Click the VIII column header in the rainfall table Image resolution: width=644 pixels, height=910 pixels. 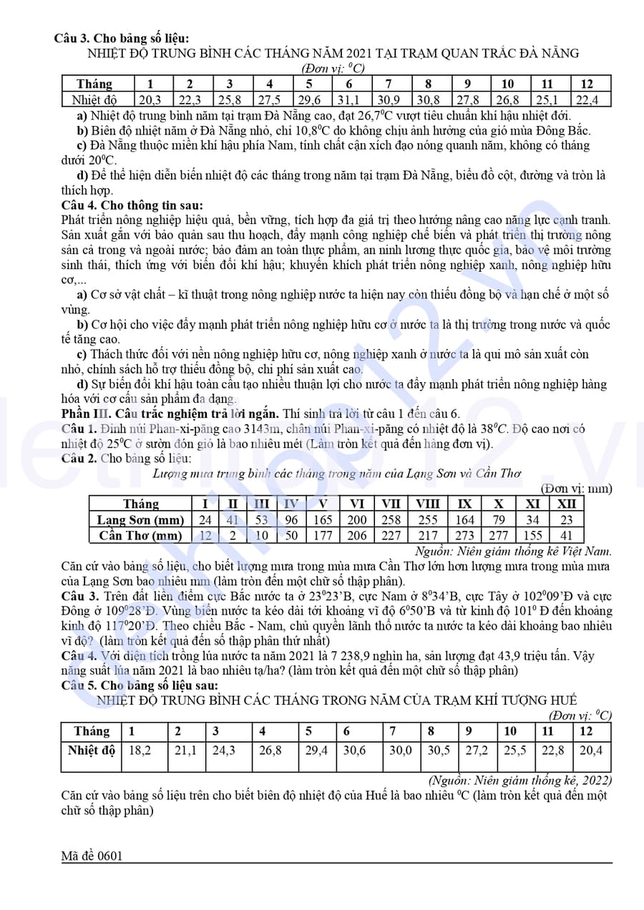point(427,504)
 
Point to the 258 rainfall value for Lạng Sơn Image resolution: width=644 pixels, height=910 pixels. point(391,520)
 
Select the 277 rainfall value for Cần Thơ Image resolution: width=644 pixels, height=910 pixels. point(499,535)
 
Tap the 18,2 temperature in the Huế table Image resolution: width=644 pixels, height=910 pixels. point(140,750)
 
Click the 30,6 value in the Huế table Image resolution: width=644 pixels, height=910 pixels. point(354,750)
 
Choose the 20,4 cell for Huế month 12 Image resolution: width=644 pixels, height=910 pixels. point(591,750)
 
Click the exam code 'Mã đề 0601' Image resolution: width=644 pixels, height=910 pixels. point(92,856)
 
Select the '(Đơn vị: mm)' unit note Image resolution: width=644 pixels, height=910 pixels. point(577,489)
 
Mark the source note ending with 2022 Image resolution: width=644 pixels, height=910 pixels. point(520,781)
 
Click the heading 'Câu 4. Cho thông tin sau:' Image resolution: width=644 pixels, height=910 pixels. point(132,205)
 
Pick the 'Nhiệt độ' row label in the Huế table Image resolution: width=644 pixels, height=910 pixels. point(92,750)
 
